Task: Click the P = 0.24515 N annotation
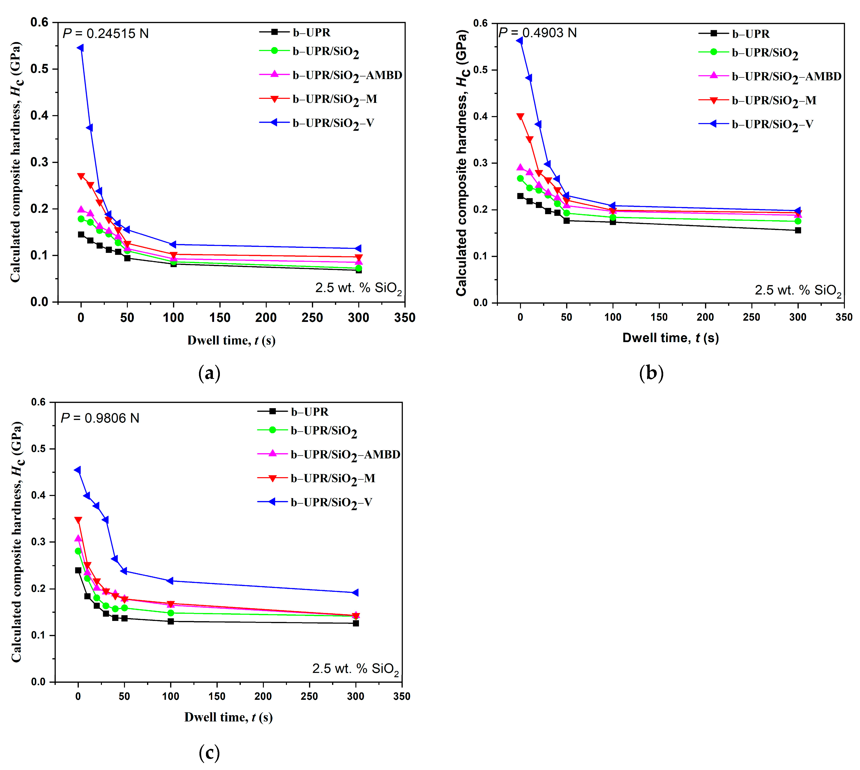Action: [106, 33]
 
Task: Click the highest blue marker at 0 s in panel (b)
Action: [520, 41]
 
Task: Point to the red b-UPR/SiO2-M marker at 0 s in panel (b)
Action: [520, 116]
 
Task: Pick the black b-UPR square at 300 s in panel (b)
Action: [798, 230]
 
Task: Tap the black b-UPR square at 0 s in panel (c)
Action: [78, 570]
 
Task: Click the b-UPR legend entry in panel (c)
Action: [293, 411]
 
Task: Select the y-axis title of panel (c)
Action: [17, 542]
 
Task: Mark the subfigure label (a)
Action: [209, 373]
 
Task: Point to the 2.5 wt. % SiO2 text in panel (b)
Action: [798, 290]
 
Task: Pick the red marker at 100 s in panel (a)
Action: [173, 255]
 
